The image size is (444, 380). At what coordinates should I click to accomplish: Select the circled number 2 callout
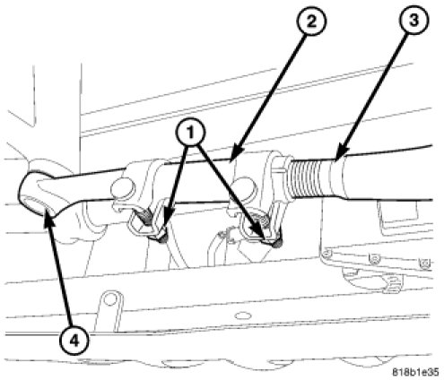[311, 22]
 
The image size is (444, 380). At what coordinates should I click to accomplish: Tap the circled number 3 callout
[413, 21]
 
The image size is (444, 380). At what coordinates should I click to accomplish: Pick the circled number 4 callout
[74, 340]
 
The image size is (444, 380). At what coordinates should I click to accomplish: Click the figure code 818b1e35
[415, 372]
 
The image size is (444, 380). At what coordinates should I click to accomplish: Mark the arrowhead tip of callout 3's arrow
[335, 160]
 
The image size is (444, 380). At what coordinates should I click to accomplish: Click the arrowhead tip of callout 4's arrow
[47, 210]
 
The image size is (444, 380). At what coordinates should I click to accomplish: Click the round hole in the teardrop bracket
[110, 299]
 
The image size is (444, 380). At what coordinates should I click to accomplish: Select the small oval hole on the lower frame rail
[241, 315]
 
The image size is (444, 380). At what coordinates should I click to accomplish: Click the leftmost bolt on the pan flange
[327, 254]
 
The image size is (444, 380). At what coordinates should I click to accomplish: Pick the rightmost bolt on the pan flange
[425, 263]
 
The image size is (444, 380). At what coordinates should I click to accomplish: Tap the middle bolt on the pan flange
[373, 259]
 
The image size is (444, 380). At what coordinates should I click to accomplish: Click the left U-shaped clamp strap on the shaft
[146, 219]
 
